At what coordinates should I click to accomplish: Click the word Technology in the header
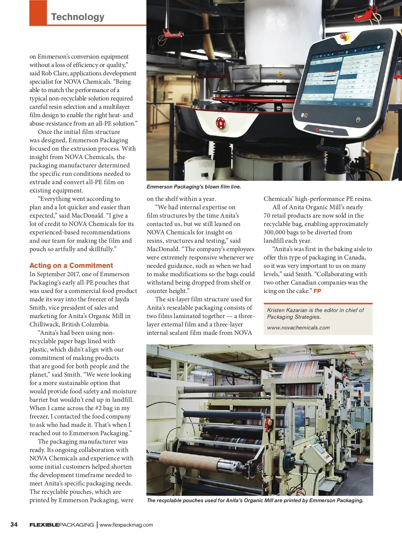point(78,17)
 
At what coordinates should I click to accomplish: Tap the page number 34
point(14,524)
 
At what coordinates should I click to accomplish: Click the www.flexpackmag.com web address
point(126,525)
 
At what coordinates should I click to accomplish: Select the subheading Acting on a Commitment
point(71,265)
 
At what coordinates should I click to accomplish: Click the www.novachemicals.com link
point(298,328)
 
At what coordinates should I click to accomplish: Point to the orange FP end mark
point(317,291)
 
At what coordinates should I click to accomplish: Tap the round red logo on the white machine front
point(221,123)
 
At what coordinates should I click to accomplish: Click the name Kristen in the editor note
point(277,310)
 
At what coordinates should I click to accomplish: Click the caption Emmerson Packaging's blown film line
point(194,187)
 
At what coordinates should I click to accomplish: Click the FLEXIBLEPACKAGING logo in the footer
point(62,525)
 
